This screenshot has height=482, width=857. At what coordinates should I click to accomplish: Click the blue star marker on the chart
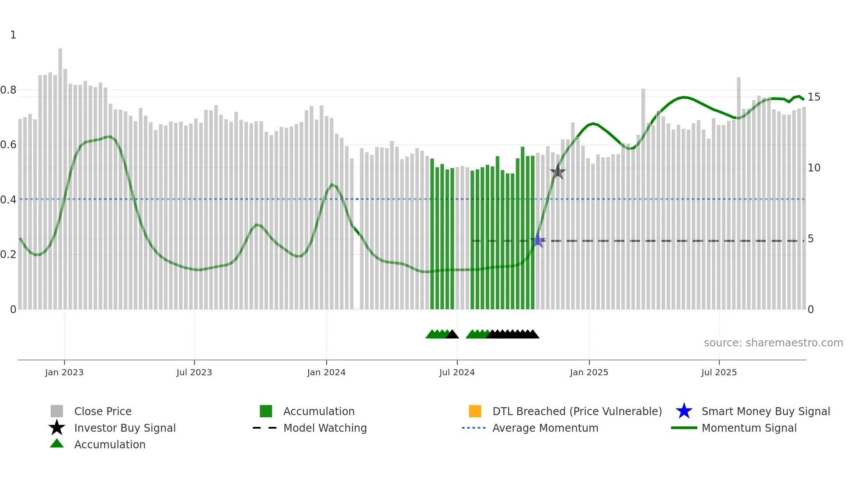(538, 241)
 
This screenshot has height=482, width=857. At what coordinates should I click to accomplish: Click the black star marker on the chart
(557, 172)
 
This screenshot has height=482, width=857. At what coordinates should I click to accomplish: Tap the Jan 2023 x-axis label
(64, 372)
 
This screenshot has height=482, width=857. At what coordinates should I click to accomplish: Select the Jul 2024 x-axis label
(457, 372)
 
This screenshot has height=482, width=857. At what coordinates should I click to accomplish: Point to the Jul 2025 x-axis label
(719, 372)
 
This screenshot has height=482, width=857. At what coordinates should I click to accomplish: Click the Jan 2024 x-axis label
(326, 372)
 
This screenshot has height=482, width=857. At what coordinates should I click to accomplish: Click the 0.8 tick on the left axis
(8, 90)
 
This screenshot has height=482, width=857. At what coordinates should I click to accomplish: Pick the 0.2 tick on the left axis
(8, 255)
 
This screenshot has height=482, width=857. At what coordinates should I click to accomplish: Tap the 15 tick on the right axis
(814, 97)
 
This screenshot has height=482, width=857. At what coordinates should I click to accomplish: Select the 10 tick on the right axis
(814, 168)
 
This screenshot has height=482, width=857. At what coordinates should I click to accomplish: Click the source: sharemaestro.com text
(773, 343)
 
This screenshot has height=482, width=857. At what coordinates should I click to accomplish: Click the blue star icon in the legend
(684, 411)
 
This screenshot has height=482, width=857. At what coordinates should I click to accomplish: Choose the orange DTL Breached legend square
(475, 411)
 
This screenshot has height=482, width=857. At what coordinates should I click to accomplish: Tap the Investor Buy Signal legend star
(57, 428)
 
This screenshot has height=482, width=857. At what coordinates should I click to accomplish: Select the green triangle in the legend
(57, 444)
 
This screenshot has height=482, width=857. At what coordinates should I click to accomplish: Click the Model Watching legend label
(325, 428)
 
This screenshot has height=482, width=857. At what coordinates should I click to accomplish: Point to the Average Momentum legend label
(545, 428)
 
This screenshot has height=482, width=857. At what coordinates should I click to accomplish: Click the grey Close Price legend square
(57, 411)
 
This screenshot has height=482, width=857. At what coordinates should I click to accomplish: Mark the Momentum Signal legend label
(749, 428)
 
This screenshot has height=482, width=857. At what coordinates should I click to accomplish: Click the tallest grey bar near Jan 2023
(60, 175)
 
